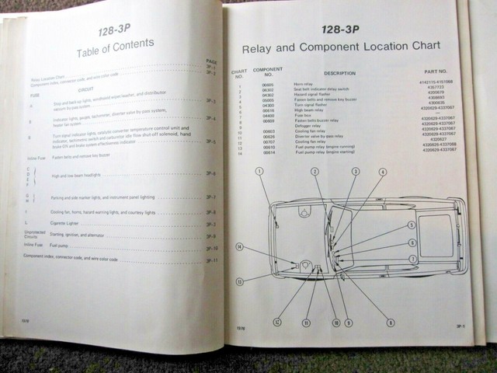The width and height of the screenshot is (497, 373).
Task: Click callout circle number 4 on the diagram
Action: pyautogui.click(x=382, y=172)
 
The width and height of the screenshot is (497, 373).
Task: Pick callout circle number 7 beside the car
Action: pyautogui.click(x=412, y=259)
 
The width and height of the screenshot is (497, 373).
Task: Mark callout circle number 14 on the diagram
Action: pyautogui.click(x=240, y=247)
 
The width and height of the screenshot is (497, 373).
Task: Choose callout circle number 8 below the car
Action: pyautogui.click(x=390, y=322)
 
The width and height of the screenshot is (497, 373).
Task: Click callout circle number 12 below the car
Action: pyautogui.click(x=276, y=320)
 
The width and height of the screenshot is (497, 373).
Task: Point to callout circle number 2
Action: pyautogui.click(x=315, y=171)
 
